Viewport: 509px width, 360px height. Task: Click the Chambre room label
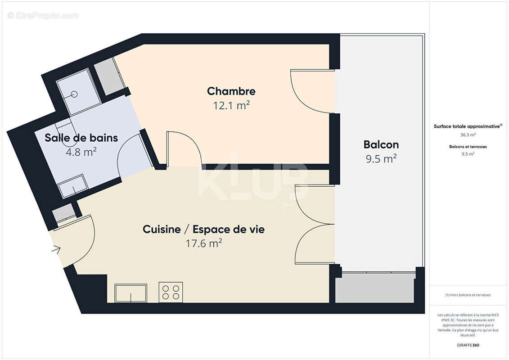tap(231, 91)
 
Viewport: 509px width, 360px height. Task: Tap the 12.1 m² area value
tap(231, 106)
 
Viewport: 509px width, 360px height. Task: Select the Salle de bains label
tap(81, 138)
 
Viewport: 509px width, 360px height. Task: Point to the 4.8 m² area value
tap(81, 152)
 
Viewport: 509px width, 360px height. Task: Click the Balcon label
tap(381, 144)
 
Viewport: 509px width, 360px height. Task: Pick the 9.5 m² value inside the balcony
tap(381, 158)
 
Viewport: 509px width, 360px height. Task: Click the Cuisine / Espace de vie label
tap(203, 229)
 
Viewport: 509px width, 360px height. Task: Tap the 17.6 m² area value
tap(203, 243)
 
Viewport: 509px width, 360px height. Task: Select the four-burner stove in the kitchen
tap(171, 292)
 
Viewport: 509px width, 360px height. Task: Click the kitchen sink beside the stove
tap(131, 293)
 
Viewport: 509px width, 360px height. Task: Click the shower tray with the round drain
tap(75, 92)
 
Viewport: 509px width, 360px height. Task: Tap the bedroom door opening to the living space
tap(182, 148)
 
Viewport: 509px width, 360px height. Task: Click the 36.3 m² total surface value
tap(468, 135)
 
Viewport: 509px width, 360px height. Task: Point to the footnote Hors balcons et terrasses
tap(468, 295)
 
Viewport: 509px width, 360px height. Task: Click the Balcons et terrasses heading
tap(468, 147)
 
